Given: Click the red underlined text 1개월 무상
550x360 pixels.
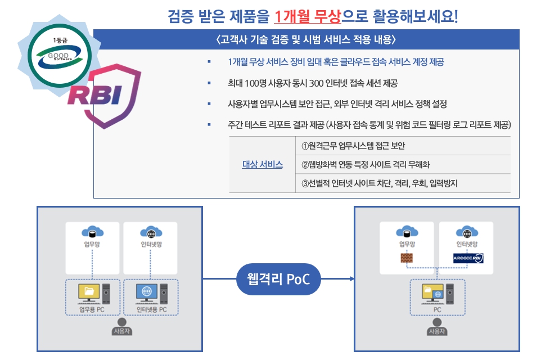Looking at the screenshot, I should pos(308,16).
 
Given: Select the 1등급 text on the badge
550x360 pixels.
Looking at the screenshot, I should pos(59,40).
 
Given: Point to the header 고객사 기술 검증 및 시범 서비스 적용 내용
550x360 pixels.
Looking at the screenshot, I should pos(306,40).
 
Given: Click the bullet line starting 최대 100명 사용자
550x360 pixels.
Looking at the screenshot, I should pos(312,83).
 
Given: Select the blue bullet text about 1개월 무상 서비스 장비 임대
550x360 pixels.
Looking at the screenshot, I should pos(336,62).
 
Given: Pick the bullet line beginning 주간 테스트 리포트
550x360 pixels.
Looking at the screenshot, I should pos(369,124).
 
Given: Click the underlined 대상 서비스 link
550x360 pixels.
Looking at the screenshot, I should pos(262,165).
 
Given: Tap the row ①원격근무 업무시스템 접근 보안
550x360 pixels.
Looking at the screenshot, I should pos(353,146).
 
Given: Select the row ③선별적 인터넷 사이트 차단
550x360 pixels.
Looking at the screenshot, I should pos(380,183).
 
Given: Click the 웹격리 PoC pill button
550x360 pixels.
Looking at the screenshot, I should pos(278,278).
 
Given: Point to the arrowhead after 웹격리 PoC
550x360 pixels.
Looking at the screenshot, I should pos(351,278).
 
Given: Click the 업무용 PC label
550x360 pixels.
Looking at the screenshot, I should pos(92,309).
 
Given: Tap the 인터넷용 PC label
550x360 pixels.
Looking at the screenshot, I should pos(151,309).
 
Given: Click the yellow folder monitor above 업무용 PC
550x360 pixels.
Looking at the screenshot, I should pos(89,292).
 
